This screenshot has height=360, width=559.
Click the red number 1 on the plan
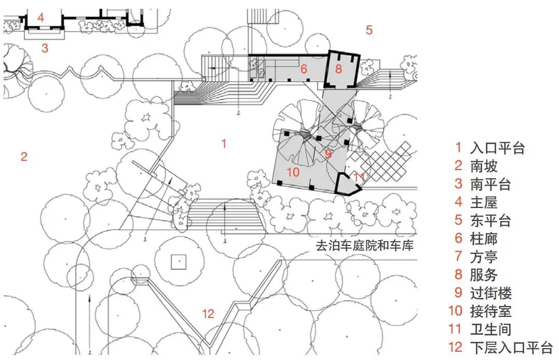224,144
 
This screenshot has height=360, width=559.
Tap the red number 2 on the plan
24,156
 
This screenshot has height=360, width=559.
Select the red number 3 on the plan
45,49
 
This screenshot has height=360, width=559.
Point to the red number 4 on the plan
40,18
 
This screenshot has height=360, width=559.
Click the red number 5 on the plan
369,30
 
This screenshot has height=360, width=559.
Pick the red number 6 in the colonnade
304,69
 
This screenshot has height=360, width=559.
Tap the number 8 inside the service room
338,68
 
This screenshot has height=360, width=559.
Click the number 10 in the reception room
293,172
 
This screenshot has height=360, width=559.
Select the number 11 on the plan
359,177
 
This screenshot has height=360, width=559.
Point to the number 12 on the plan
208,313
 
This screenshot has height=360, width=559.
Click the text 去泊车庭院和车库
364,245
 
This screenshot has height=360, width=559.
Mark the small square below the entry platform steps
179,261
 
